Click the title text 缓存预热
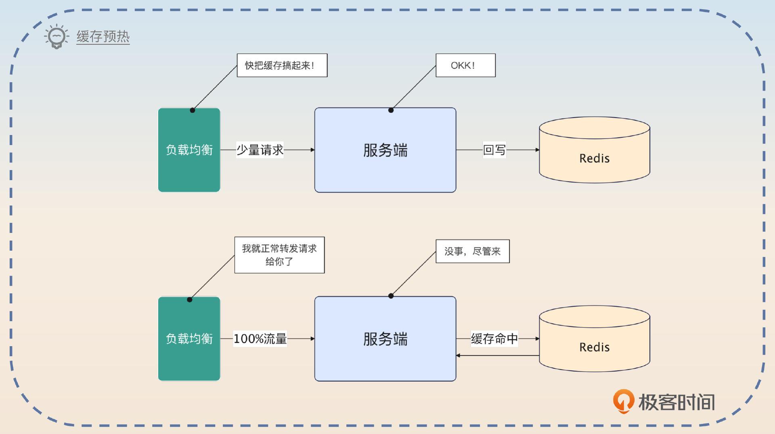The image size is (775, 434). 103,37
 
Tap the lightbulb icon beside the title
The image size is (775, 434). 57,37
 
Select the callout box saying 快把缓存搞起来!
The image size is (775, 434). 282,65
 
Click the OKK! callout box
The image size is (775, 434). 465,65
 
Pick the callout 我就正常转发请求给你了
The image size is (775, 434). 279,255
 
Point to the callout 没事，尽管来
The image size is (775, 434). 472,251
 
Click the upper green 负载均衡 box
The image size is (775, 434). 189,150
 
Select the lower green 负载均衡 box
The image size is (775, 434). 189,339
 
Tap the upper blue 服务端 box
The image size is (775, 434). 385,150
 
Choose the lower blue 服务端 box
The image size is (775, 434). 385,339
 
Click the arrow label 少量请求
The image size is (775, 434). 260,150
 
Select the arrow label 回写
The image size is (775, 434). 494,150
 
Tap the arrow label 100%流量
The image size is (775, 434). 260,339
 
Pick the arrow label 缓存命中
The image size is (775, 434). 494,339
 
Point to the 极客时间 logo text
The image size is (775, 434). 677,402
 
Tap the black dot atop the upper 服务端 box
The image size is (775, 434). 391,110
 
